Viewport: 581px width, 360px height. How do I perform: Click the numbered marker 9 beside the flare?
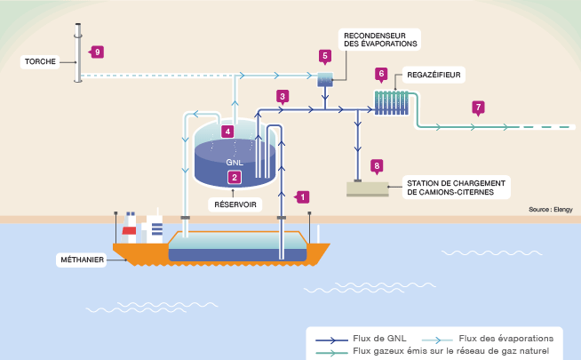pos(98,52)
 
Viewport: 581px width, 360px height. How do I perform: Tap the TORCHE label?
pos(42,62)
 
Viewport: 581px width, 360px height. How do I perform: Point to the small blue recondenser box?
pos(325,80)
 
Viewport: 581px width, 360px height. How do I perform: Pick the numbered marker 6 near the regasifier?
pos(381,73)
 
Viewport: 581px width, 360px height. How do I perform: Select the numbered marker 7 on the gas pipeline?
pos(479,108)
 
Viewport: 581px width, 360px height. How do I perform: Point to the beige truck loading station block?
pos(367,188)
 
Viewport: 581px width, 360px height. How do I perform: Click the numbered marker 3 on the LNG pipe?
pos(283,96)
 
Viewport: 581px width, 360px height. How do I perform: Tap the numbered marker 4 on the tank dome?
pos(228,132)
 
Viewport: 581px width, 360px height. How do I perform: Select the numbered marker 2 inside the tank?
pos(235,177)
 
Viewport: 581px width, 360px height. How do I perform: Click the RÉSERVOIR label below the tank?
pos(235,204)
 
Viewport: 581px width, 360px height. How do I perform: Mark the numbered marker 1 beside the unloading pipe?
pos(302,196)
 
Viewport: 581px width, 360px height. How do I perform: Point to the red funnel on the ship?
pos(129,233)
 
